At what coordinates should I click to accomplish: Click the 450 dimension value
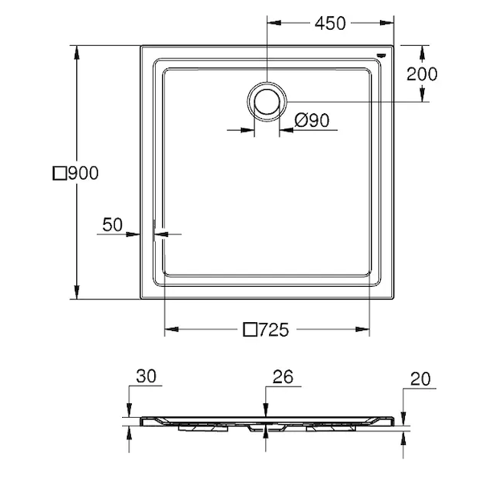pos(330,23)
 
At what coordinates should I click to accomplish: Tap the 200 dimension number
pos(422,74)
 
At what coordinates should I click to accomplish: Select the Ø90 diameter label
pos(312,120)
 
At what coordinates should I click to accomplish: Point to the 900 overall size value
pos(84,173)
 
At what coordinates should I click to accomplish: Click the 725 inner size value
pos(274,330)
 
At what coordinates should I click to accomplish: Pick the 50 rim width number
pos(112,224)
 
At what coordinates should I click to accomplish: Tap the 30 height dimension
pos(146,376)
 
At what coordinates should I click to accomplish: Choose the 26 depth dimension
pos(283,377)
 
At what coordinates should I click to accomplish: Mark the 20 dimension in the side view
pos(420,379)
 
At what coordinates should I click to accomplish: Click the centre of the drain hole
pos(267,102)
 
